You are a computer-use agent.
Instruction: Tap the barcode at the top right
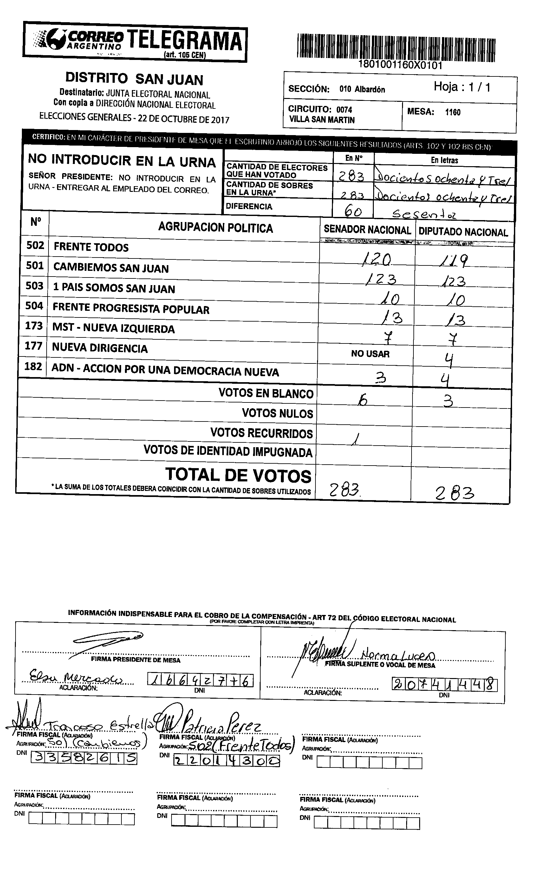396,46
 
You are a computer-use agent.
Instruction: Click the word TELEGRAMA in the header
184,40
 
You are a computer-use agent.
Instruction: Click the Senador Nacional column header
367,230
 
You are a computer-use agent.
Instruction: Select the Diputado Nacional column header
463,232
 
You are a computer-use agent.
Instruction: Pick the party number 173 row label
34,325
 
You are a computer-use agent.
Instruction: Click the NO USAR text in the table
370,354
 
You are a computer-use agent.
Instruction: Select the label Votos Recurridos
261,433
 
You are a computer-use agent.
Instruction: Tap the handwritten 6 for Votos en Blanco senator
362,400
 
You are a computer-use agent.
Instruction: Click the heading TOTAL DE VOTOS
238,475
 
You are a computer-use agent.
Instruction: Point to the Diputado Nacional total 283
454,493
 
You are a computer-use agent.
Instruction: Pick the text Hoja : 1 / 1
462,87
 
